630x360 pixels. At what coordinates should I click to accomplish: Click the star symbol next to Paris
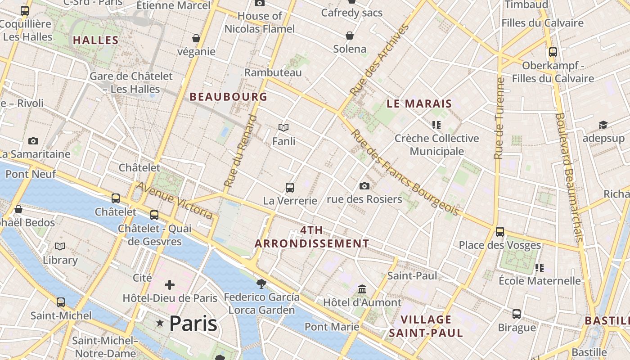click(160, 323)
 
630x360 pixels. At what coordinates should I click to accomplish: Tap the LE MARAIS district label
click(419, 103)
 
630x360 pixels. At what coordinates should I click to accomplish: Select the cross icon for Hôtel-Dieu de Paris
click(170, 285)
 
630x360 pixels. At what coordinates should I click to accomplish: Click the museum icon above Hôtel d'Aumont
click(362, 289)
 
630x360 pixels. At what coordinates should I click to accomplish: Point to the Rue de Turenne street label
click(499, 118)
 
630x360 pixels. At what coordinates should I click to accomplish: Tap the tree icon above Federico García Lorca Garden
click(261, 283)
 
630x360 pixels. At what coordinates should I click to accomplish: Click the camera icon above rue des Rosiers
click(364, 186)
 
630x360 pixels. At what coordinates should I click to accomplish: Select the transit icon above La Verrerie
click(290, 187)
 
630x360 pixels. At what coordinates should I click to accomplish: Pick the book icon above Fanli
click(283, 128)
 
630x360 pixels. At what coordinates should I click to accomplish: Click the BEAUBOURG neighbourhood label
click(229, 97)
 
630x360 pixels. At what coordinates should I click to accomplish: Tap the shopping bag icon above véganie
click(196, 38)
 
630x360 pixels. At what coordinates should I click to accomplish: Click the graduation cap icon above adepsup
click(603, 125)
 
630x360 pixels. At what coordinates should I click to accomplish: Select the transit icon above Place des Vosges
click(500, 232)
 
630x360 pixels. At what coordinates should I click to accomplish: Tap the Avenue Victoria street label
click(175, 201)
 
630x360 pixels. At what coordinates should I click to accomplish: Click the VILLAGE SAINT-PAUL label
click(426, 326)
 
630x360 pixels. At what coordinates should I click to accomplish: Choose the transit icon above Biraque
click(517, 314)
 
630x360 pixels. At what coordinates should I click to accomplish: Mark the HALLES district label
click(96, 40)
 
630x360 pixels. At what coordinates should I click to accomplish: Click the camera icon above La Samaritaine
click(33, 141)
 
